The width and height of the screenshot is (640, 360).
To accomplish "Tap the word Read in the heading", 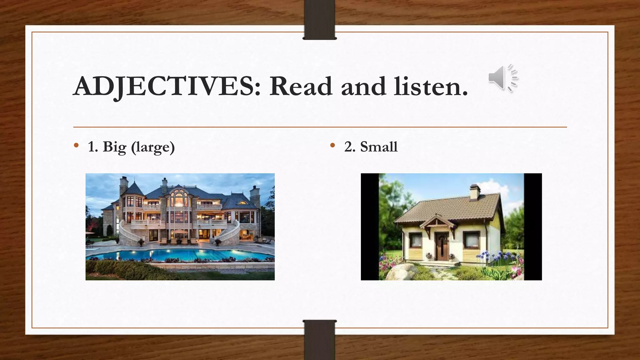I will (x=301, y=86).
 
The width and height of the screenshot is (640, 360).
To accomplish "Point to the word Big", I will (x=114, y=147).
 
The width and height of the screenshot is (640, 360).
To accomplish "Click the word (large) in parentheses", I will (x=153, y=147).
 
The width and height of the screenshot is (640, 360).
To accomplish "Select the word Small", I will (x=379, y=147).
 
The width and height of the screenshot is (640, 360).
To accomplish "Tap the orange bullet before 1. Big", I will (x=76, y=145).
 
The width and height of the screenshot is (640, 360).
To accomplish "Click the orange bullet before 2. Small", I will (x=332, y=145).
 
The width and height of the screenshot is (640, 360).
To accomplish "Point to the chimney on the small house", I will (x=475, y=191).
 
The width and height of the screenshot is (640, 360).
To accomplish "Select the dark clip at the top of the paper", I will (x=320, y=20).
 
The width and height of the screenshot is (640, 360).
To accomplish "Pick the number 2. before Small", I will (x=350, y=147).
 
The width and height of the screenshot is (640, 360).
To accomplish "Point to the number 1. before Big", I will (x=93, y=147).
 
